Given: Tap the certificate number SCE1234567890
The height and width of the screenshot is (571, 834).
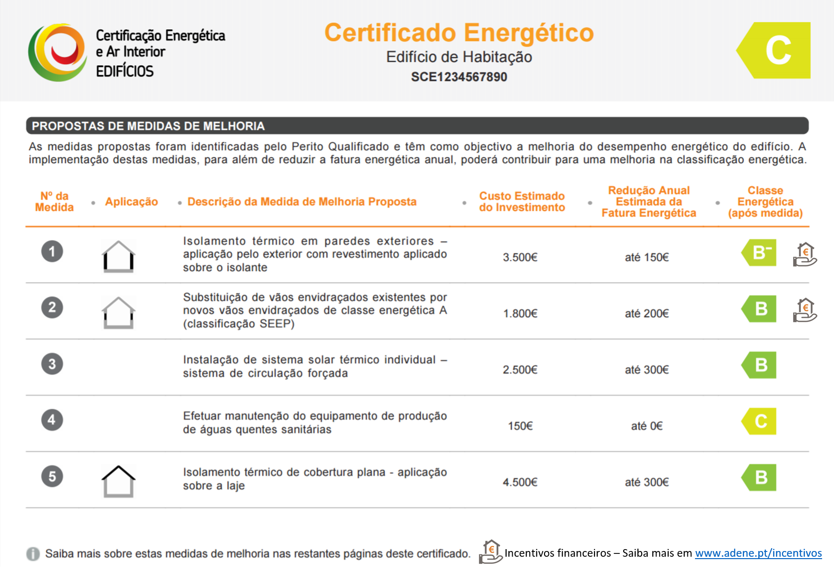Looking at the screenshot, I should pos(459,77).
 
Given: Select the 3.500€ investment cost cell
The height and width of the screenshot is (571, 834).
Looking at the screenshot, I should pos(520,257).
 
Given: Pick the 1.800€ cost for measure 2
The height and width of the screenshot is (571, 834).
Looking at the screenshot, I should pos(520,314).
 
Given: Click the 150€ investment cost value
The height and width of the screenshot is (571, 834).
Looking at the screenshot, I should pos(520,426).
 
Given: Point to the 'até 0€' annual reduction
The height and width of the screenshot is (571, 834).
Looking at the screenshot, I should pos(646,426).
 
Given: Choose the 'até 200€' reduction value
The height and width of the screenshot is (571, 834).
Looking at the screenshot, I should pos(646,314).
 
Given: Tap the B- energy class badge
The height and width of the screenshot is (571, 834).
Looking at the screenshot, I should pos(760,253).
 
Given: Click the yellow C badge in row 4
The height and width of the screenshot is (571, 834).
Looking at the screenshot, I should pos(760,421).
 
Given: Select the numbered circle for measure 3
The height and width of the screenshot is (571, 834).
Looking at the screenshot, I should pos(52,364).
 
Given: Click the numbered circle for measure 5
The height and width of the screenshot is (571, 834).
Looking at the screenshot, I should pos(52,476).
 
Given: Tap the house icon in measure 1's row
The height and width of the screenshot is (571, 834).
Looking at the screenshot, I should pos(119,256).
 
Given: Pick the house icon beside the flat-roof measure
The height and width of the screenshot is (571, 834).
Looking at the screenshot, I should pos(119,481).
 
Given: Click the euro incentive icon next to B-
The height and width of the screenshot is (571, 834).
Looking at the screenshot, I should pos(804,255).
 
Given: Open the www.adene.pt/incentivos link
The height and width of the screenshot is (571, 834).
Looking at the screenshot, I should pos(758,553).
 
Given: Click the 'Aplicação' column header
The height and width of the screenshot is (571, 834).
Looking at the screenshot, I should pos(131,202).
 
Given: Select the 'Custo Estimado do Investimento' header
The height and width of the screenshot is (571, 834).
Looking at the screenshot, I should pos(522,202).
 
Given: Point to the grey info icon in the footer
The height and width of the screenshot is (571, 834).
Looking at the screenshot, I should pos(33,554).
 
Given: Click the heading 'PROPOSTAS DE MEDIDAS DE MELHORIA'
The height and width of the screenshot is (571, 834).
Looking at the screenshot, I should pos(148,126).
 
